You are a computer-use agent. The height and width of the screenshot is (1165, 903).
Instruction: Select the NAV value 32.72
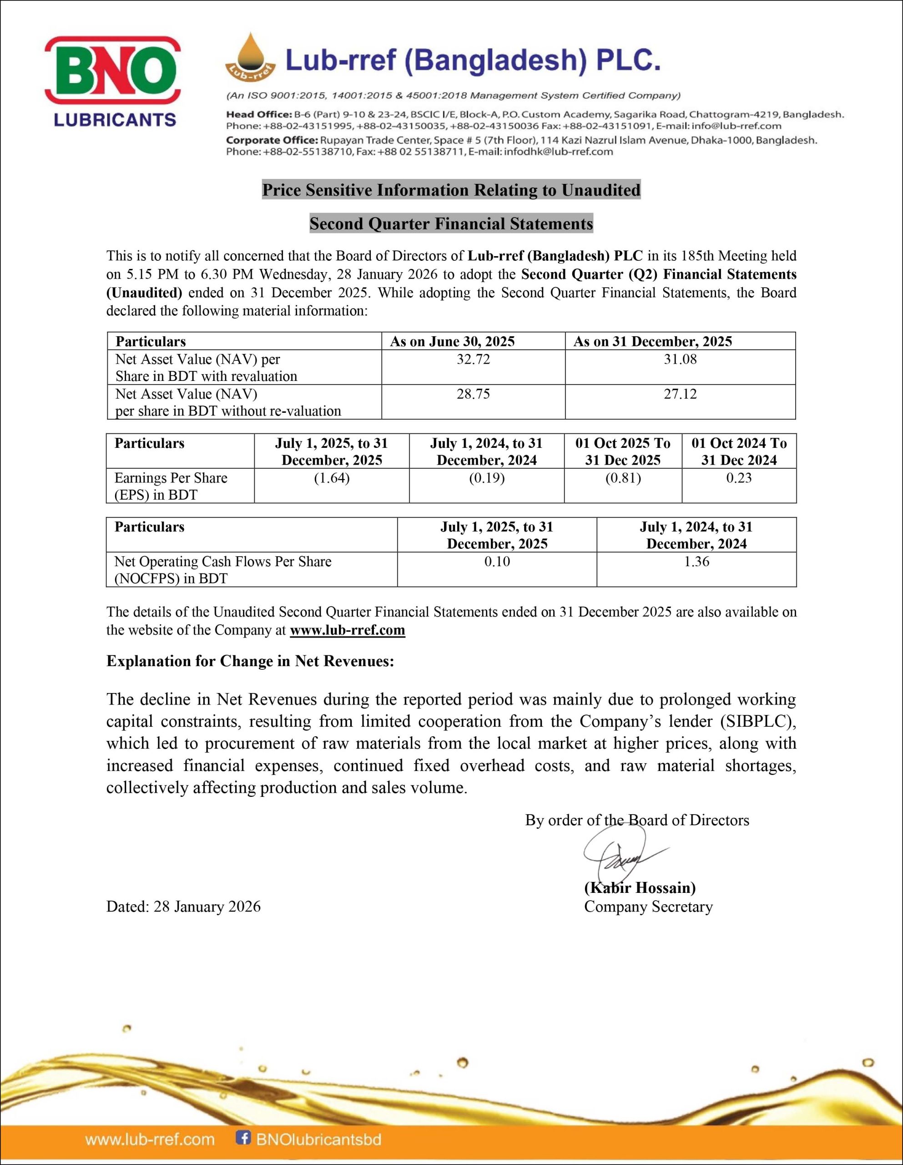tap(473, 359)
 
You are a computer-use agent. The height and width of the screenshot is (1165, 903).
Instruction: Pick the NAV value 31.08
tap(680, 359)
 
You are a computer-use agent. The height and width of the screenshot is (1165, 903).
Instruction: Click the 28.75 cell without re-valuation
tap(473, 394)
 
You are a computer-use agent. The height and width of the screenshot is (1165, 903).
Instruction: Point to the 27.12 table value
tap(680, 394)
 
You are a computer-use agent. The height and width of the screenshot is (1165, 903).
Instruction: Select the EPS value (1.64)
tap(332, 477)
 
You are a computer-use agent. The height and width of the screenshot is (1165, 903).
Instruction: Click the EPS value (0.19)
tap(486, 477)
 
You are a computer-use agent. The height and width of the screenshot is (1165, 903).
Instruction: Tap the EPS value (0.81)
tap(623, 477)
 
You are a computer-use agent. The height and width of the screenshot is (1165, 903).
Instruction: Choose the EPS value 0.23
tap(739, 477)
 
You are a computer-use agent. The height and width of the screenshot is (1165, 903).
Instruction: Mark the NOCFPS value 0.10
tap(497, 561)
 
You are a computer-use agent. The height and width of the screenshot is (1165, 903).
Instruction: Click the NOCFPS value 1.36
tap(696, 561)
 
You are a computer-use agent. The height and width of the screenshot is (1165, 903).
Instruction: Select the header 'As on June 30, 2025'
tap(452, 341)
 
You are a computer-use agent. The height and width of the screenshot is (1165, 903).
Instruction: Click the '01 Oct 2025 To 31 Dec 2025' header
tap(623, 451)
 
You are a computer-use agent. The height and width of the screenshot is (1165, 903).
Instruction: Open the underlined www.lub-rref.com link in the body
tap(347, 630)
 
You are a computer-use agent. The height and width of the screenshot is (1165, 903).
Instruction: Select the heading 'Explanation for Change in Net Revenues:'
tap(250, 661)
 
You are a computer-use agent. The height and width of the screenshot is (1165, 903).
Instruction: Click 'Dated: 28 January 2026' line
tap(183, 907)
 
